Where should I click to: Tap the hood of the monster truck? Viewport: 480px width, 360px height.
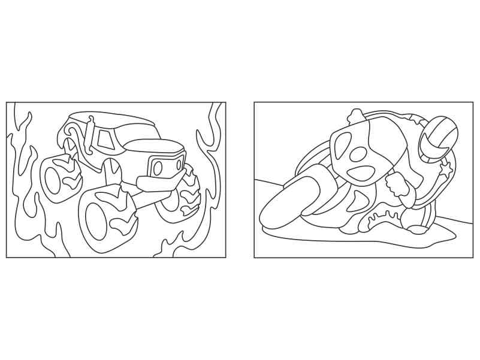click(x=157, y=146)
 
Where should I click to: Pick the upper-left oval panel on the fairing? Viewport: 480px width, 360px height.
click(x=342, y=146)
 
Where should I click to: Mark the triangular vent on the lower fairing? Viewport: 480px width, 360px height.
click(x=358, y=201)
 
